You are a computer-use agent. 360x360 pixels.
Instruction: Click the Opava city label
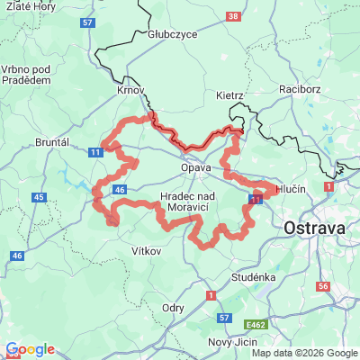(195, 168)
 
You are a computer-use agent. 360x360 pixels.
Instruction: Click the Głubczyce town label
(172, 35)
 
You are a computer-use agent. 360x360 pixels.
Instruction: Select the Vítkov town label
(146, 251)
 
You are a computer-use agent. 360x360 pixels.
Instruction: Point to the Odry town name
(173, 307)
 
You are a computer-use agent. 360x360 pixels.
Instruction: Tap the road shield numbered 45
(39, 196)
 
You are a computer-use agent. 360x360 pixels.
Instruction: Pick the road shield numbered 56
(322, 285)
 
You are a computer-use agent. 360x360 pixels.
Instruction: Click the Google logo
(30, 349)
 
